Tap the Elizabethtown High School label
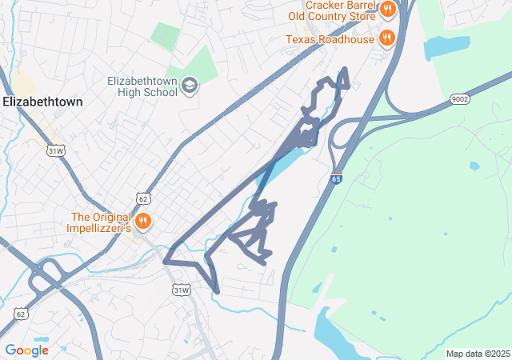pyautogui.click(x=142, y=86)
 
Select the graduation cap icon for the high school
pyautogui.click(x=190, y=86)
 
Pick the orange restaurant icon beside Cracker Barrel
pyautogui.click(x=388, y=10)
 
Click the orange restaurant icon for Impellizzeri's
pyautogui.click(x=143, y=221)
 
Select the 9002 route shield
pyautogui.click(x=459, y=99)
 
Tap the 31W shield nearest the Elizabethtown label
pyautogui.click(x=55, y=150)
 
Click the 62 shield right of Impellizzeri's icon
pyautogui.click(x=143, y=198)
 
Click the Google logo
pyautogui.click(x=26, y=350)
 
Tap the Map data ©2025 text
pyautogui.click(x=478, y=354)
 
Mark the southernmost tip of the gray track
pyautogui.click(x=217, y=292)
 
